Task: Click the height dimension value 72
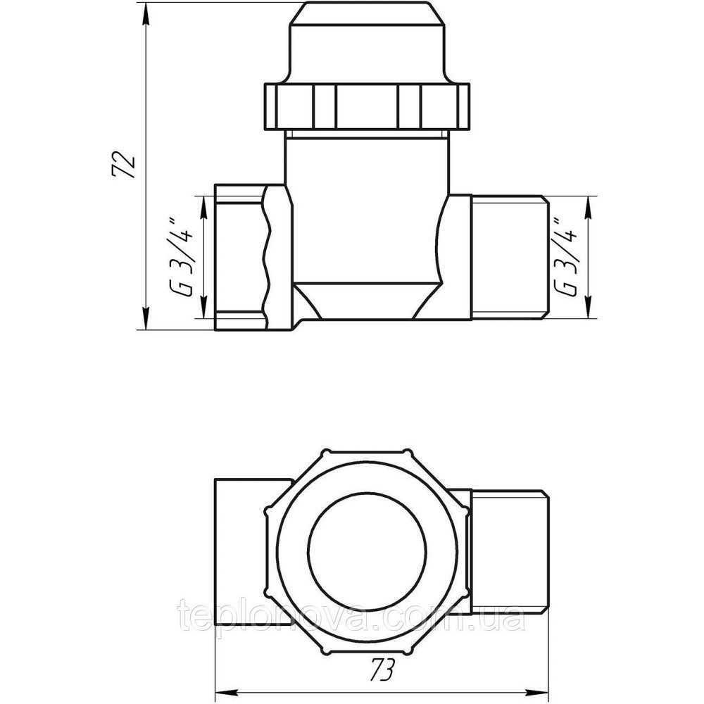[x=125, y=164]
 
